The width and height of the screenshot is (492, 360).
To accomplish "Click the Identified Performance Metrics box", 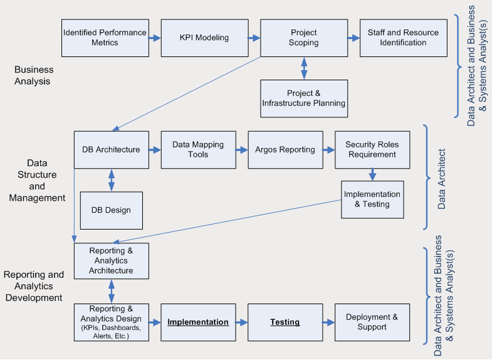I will [x=105, y=38].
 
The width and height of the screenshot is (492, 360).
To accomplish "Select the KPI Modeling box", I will [x=204, y=38].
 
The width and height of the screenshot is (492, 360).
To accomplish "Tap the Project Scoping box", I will [x=303, y=38].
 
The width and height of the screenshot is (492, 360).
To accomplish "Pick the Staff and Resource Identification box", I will [x=403, y=38].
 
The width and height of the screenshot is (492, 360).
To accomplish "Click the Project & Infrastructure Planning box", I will [x=303, y=98].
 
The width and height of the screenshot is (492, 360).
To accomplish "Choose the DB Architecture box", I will [x=111, y=150].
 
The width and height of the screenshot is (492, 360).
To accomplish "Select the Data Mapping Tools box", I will [x=198, y=150].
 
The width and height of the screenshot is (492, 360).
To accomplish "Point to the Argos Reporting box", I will [x=285, y=150].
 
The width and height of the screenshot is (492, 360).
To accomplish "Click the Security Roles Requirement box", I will [x=372, y=150].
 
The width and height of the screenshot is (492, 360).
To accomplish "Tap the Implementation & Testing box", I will [x=372, y=199].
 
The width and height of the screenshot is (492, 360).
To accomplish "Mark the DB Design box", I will [x=111, y=210].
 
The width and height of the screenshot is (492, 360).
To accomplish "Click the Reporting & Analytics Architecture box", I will [x=111, y=261].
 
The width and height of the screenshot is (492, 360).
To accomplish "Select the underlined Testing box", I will [x=285, y=322].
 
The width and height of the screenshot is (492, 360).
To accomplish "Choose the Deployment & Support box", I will [x=372, y=322].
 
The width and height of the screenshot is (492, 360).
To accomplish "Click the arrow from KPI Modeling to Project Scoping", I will [x=254, y=38].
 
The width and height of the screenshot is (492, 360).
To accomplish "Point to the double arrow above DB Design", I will [x=112, y=180].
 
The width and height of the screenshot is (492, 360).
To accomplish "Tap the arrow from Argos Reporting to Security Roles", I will [x=328, y=150].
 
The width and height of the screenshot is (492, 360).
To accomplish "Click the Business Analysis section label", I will [x=34, y=75].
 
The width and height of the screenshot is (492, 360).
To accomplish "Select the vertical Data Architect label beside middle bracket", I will [x=441, y=179].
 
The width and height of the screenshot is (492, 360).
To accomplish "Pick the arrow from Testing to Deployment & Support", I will [x=328, y=322].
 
